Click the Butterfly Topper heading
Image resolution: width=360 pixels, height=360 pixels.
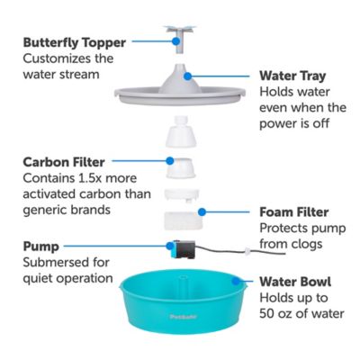(75, 41)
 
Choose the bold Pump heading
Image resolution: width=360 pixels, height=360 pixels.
(42, 246)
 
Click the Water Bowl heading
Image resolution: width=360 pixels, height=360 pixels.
(295, 280)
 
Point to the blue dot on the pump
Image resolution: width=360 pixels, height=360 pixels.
(167, 243)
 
